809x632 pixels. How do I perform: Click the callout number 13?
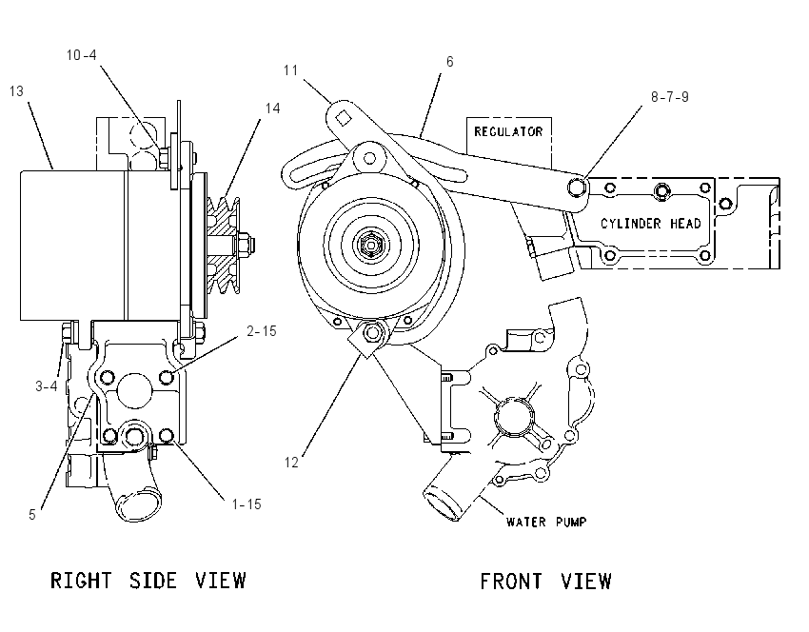coord(16,91)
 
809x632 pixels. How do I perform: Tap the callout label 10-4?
coord(82,54)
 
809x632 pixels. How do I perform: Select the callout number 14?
coord(272,109)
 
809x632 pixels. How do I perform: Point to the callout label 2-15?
coord(262,331)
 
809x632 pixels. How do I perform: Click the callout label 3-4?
coord(47,385)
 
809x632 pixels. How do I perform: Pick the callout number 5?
coord(32,515)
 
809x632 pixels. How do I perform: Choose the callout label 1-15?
coord(247,504)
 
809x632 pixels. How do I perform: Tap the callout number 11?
coord(291,70)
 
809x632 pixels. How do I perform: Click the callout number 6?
coord(450,62)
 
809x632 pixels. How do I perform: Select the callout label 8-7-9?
coord(670,97)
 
